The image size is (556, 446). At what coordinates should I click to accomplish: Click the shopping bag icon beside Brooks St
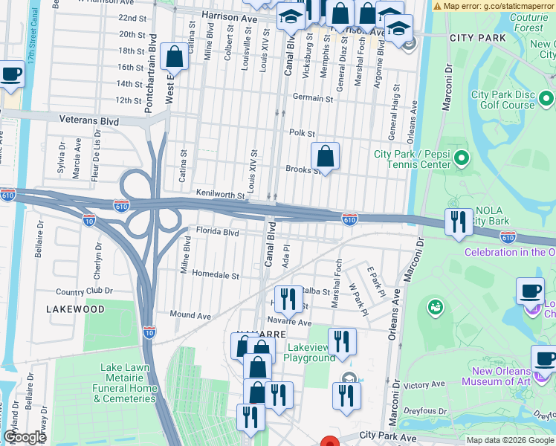(325, 156)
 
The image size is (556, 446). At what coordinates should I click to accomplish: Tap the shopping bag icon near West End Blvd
(173, 56)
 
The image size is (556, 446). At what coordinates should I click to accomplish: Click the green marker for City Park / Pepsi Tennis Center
(462, 158)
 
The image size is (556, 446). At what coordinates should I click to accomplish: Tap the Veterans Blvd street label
(89, 119)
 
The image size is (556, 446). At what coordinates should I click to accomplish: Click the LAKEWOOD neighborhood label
(75, 308)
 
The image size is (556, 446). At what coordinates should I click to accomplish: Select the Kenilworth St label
(220, 194)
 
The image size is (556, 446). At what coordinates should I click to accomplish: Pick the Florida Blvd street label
(217, 231)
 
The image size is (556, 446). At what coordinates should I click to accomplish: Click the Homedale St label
(216, 274)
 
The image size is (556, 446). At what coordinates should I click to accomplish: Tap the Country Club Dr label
(84, 291)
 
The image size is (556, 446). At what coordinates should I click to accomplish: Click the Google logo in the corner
(25, 437)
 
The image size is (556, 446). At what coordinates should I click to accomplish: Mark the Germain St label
(312, 97)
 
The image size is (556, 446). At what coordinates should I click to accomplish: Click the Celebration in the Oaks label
(509, 252)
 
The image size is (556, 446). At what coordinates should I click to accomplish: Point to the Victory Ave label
(424, 384)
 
